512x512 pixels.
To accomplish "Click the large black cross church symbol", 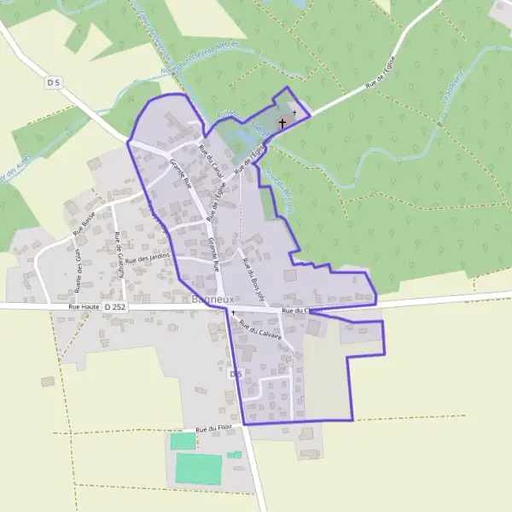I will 282,123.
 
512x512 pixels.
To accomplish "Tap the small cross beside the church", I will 294,113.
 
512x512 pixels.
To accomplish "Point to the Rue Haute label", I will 84,305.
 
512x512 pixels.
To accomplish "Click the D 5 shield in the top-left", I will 54,82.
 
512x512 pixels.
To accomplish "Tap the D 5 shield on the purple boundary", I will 236,375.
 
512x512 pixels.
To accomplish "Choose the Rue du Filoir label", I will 213,428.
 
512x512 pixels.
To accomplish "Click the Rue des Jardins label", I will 148,257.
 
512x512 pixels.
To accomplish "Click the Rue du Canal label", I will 210,161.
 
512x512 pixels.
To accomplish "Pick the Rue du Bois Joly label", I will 253,274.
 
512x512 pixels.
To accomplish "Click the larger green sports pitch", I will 199,468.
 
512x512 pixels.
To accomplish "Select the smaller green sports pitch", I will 183,441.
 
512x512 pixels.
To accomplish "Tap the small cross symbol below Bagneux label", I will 232,312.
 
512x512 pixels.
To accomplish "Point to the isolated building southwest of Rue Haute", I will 48,381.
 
